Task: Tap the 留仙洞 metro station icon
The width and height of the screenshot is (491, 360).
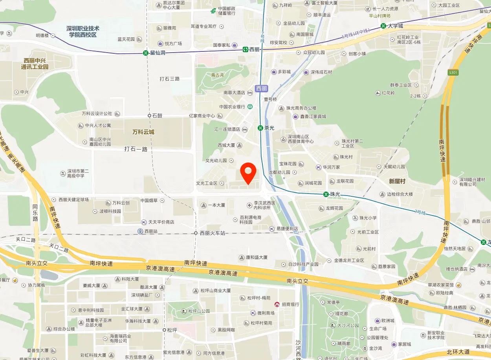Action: [x=146, y=53]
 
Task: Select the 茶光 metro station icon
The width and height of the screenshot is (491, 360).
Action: [x=260, y=128]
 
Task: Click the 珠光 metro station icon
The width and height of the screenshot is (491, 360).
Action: [x=326, y=194]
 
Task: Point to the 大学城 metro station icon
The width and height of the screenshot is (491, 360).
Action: [x=383, y=26]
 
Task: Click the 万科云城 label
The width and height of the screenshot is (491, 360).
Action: [x=143, y=132]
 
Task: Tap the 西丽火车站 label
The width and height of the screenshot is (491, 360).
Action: [x=213, y=233]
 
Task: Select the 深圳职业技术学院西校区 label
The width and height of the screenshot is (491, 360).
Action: [x=82, y=32]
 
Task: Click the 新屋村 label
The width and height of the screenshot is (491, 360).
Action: [x=397, y=181]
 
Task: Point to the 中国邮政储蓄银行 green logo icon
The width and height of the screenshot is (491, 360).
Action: [x=213, y=11]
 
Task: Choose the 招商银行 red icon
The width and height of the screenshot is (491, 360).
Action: [x=277, y=304]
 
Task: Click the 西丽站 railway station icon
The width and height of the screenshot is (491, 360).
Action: [x=140, y=231]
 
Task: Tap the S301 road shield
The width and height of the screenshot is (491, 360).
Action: [x=453, y=73]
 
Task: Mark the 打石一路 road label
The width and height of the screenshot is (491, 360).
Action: [x=136, y=149]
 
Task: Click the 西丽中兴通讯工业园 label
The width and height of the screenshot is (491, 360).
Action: [x=35, y=64]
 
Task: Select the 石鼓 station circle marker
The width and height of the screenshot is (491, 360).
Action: [x=149, y=115]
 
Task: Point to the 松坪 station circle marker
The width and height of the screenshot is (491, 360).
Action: [x=164, y=330]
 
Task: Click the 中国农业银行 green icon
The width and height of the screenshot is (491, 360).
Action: [x=250, y=106]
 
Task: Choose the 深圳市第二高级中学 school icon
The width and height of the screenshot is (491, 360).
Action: [x=62, y=173]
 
